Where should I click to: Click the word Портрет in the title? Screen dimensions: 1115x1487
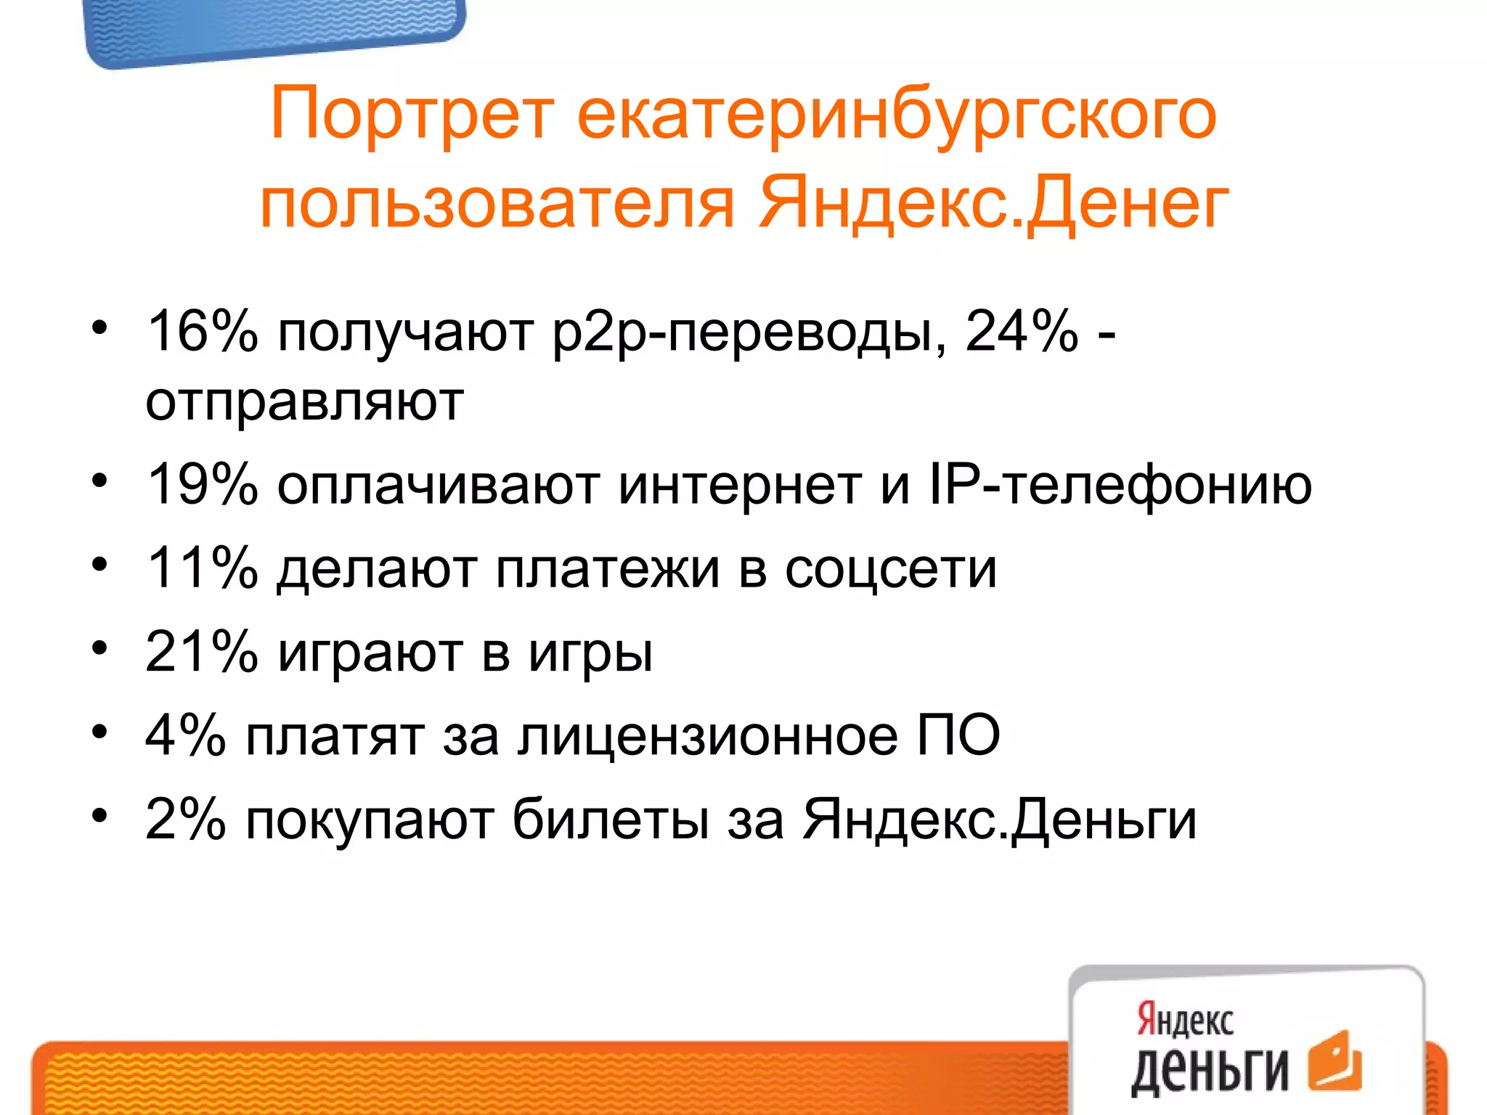pyautogui.click(x=412, y=115)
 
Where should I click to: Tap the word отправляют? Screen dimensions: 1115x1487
pyautogui.click(x=305, y=401)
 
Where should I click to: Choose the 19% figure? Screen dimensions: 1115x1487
pyautogui.click(x=202, y=484)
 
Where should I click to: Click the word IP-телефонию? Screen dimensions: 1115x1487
pyautogui.click(x=1120, y=486)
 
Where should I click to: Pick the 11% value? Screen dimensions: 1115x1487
pyautogui.click(x=202, y=568)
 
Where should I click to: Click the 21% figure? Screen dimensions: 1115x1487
pyautogui.click(x=202, y=651)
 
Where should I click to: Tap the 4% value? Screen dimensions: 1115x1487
pyautogui.click(x=186, y=735)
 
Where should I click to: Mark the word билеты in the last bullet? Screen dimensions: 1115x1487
pyautogui.click(x=611, y=820)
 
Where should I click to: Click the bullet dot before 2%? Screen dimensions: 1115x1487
pyautogui.click(x=99, y=814)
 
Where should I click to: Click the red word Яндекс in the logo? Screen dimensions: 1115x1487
pyautogui.click(x=1185, y=1020)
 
